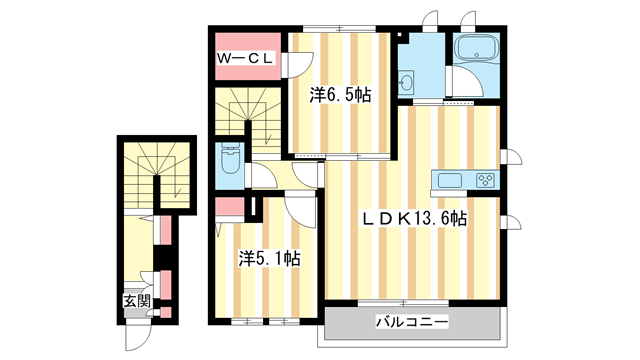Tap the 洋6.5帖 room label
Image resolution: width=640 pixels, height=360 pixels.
tap(340, 95)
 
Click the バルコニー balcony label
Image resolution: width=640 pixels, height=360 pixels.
tap(412, 322)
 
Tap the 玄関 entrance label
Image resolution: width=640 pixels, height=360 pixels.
tap(136, 300)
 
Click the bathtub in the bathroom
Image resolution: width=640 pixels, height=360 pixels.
tap(470, 50)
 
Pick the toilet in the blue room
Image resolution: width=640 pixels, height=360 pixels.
tap(229, 162)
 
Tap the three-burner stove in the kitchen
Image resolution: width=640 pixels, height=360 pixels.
tap(485, 181)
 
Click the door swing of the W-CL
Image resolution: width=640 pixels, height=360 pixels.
tap(297, 65)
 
